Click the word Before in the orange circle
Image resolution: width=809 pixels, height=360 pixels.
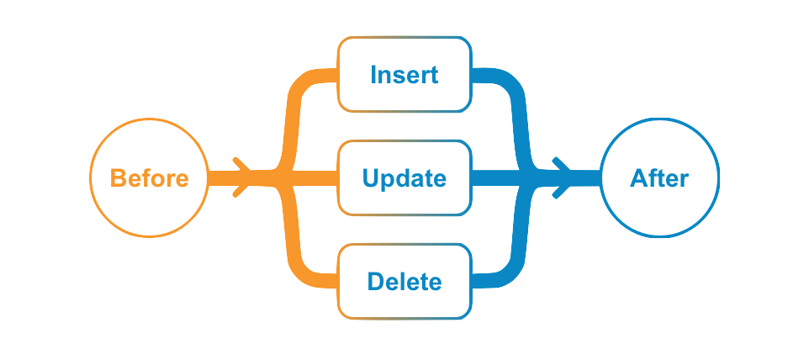click(x=148, y=178)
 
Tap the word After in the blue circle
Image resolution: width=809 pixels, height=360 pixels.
click(x=659, y=178)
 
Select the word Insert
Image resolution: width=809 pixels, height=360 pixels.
click(x=404, y=74)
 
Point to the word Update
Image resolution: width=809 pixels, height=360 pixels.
click(x=404, y=178)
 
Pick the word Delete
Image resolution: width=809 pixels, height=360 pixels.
click(x=404, y=281)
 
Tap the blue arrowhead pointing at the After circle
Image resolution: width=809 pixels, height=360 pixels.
click(x=563, y=178)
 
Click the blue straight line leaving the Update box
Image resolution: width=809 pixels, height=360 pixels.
click(x=496, y=178)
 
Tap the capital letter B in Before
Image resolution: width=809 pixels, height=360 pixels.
click(x=119, y=178)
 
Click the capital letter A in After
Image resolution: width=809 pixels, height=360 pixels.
click(x=638, y=178)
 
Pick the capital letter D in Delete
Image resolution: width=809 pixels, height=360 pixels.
click(x=374, y=281)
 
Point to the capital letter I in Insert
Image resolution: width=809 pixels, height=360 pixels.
click(x=373, y=74)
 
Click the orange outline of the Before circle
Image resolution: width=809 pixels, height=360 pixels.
click(x=91, y=178)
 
